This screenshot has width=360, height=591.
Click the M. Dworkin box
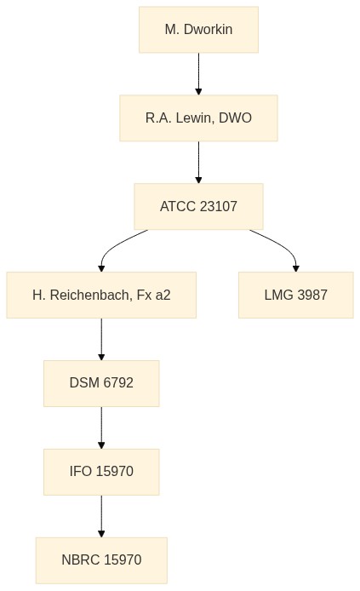click(198, 30)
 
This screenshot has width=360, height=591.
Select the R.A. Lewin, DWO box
click(198, 118)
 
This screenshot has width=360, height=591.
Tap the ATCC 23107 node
click(198, 207)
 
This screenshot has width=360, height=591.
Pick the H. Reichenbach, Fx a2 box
click(101, 295)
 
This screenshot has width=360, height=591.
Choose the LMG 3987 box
click(296, 295)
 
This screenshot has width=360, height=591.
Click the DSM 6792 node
click(101, 383)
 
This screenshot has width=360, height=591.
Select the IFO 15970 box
click(101, 472)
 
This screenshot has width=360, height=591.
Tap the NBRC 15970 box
click(101, 560)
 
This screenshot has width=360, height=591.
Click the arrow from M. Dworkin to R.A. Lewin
click(198, 74)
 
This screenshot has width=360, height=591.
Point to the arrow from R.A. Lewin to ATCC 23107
click(198, 163)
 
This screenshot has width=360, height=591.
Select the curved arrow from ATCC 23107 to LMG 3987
click(283, 245)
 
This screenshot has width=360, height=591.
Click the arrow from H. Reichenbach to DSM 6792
click(101, 339)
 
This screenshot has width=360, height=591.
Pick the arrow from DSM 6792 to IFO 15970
click(101, 427)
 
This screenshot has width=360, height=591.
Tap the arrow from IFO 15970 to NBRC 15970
click(101, 516)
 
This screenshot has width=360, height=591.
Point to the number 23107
click(219, 207)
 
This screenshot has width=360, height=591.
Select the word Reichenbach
click(91, 295)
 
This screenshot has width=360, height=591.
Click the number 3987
click(312, 295)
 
